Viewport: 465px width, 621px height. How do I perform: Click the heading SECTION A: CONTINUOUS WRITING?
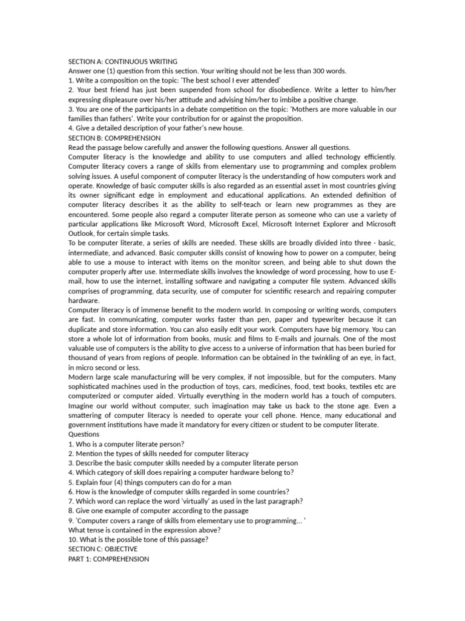[123, 61]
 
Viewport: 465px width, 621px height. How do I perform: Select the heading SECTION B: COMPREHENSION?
[114, 138]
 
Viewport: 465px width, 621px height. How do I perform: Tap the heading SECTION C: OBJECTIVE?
[103, 549]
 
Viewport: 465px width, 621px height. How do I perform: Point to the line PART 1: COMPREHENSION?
[108, 559]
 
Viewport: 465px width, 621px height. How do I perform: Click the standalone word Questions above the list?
[84, 434]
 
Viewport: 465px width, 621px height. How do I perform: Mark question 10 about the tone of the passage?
[139, 539]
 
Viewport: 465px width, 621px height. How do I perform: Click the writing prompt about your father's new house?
[156, 128]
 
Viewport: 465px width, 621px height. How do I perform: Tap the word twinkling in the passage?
[315, 358]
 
